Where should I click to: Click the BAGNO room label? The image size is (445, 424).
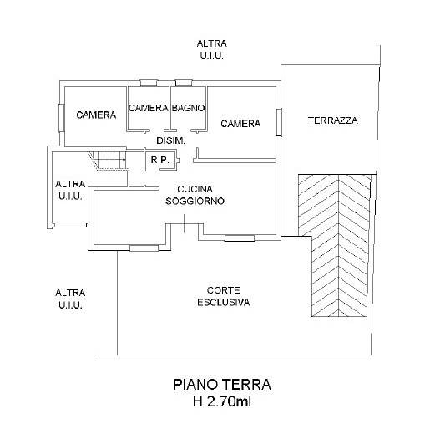click(x=188, y=108)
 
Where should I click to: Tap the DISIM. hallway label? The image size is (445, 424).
click(x=171, y=140)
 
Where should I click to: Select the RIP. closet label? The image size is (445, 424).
click(x=160, y=160)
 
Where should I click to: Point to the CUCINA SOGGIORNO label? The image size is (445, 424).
click(x=195, y=195)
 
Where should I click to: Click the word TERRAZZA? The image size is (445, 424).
click(x=333, y=120)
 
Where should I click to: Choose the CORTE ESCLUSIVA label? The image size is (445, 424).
click(x=224, y=296)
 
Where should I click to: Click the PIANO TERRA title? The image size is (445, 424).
click(x=222, y=385)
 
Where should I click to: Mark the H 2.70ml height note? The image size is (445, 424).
click(x=222, y=401)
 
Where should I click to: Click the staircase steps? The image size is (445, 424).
click(x=108, y=161)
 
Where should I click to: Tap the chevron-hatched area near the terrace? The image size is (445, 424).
click(x=335, y=245)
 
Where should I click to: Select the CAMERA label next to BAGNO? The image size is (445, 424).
click(x=148, y=108)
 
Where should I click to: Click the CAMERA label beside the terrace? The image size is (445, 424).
click(x=240, y=124)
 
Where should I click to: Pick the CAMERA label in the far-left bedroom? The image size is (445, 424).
click(x=96, y=115)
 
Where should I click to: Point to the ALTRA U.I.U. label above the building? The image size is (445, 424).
click(x=212, y=49)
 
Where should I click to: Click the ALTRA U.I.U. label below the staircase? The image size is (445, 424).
click(x=70, y=190)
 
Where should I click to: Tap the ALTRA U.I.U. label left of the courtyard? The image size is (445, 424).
click(x=70, y=299)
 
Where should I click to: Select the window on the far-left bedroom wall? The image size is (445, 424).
click(x=62, y=118)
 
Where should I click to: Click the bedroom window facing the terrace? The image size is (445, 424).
click(x=279, y=122)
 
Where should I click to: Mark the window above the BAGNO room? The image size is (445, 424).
click(x=184, y=83)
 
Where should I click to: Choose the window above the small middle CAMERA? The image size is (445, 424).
click(x=149, y=83)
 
